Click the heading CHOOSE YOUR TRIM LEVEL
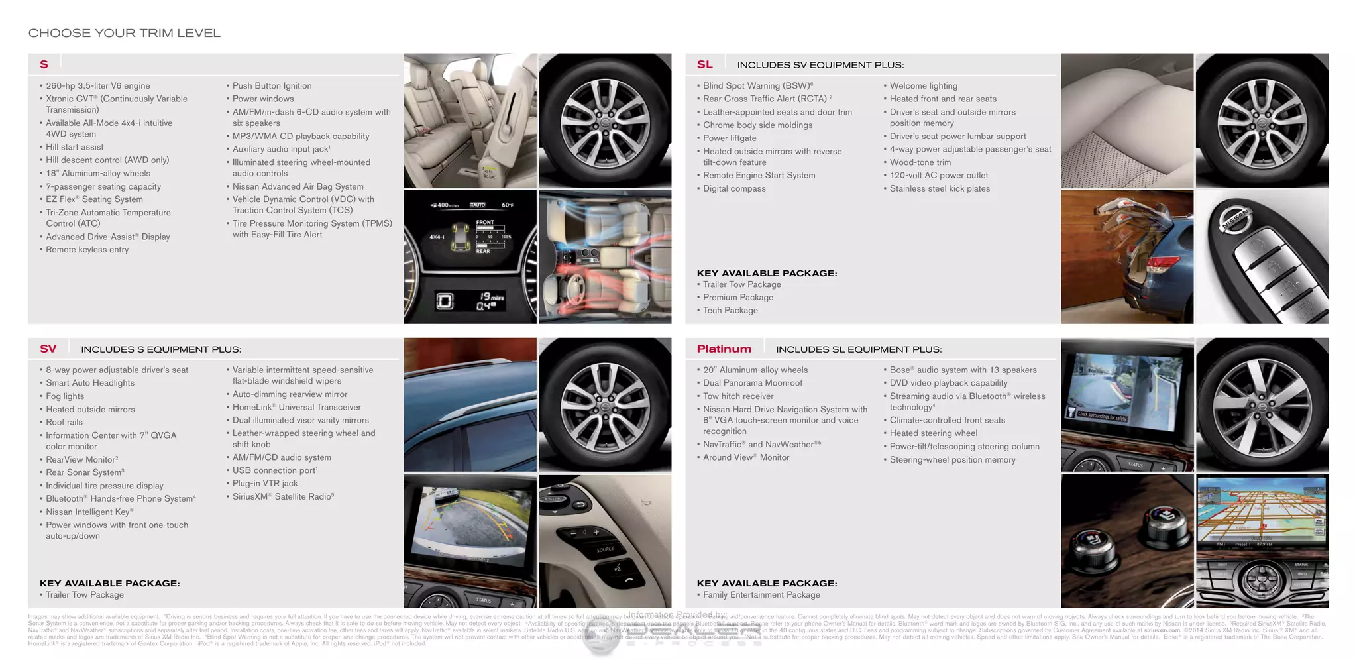[x=124, y=33]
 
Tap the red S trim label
[x=44, y=64]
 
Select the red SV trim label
[x=48, y=349]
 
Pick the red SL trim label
[x=704, y=64]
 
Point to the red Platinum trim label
[x=724, y=349]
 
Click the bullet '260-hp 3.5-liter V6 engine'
[x=97, y=86]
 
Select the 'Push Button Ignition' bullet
[x=272, y=86]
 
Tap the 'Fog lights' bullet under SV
[x=65, y=396]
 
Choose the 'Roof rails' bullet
[x=64, y=422]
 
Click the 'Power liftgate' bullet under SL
[x=730, y=138]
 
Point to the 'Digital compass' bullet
[x=734, y=189]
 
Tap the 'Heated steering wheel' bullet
[x=933, y=433]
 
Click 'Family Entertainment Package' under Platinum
[x=761, y=595]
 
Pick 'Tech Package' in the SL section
[x=730, y=311]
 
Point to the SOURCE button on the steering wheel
[x=605, y=549]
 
